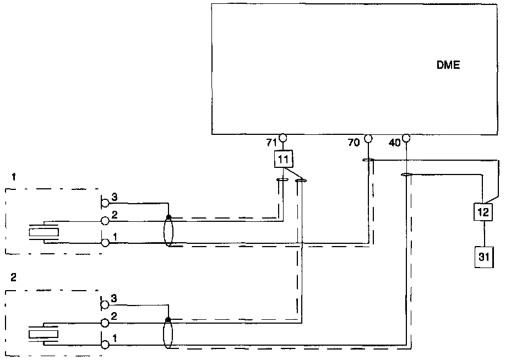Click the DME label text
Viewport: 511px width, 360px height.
(448, 65)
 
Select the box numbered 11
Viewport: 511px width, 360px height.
(283, 160)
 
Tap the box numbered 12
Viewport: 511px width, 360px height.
(483, 211)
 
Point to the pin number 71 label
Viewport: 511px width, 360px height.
(270, 143)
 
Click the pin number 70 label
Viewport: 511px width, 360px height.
(354, 143)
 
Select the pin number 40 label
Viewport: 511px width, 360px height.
(394, 143)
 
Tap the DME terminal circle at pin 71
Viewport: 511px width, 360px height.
(283, 138)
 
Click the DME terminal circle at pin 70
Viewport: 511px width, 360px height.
(368, 138)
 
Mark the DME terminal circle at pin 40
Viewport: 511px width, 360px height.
(406, 138)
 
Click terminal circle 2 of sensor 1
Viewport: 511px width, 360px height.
(105, 221)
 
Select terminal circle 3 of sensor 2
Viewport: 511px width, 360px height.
(105, 303)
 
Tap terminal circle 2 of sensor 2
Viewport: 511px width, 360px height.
(105, 323)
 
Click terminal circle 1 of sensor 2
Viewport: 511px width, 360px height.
(105, 345)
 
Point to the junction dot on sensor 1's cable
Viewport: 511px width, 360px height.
(168, 217)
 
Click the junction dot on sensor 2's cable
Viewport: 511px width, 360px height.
(168, 319)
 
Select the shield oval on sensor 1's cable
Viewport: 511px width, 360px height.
(168, 232)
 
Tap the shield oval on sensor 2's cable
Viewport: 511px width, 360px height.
(168, 335)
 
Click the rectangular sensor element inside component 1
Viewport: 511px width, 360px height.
(44, 232)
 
